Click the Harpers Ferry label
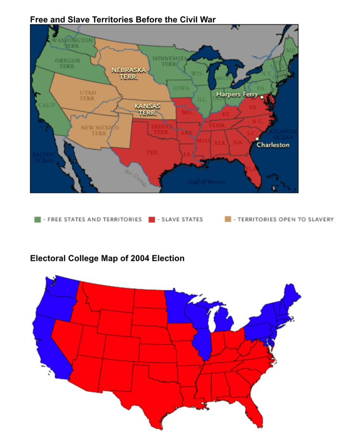237,94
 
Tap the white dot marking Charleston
257,139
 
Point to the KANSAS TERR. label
147,110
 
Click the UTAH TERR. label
88,95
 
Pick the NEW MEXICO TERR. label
99,130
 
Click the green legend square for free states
37,220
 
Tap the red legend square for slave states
152,220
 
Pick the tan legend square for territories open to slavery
228,220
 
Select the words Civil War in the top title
198,19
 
